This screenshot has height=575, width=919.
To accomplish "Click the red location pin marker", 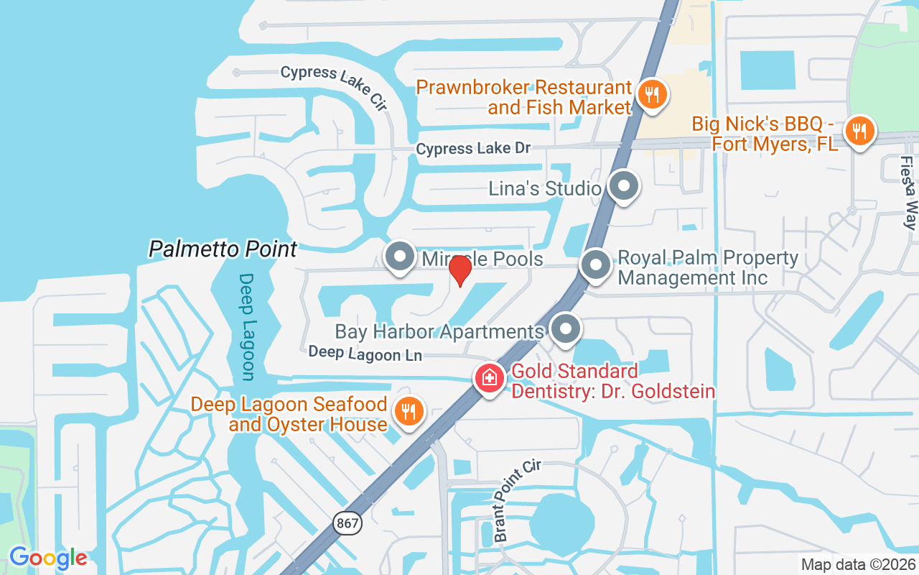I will click(x=459, y=271).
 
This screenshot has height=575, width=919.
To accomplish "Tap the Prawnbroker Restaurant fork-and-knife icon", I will click(x=652, y=94).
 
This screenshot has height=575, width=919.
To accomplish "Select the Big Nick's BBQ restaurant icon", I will click(x=859, y=131).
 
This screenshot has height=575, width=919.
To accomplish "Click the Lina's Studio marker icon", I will click(x=623, y=186).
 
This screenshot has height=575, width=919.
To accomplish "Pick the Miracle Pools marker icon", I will click(x=399, y=256).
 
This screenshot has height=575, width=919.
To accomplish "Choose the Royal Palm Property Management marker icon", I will click(x=595, y=264).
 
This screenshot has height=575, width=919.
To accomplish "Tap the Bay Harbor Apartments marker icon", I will click(x=566, y=328).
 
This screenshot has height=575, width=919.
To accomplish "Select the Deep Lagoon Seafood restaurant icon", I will click(x=409, y=412).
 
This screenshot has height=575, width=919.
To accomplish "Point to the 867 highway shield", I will click(x=347, y=523).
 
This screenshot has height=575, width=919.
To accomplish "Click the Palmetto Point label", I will click(x=223, y=249).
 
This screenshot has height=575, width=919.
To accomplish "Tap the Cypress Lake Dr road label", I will click(x=473, y=149).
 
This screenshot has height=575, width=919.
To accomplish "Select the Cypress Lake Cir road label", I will click(x=334, y=87).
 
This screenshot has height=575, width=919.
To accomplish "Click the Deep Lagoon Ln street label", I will click(x=365, y=354).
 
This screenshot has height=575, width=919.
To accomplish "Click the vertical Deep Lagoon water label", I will click(x=247, y=326).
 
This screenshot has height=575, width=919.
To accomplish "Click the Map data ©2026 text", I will click(x=859, y=565).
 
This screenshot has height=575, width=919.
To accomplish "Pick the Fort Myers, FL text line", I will click(x=775, y=144).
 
